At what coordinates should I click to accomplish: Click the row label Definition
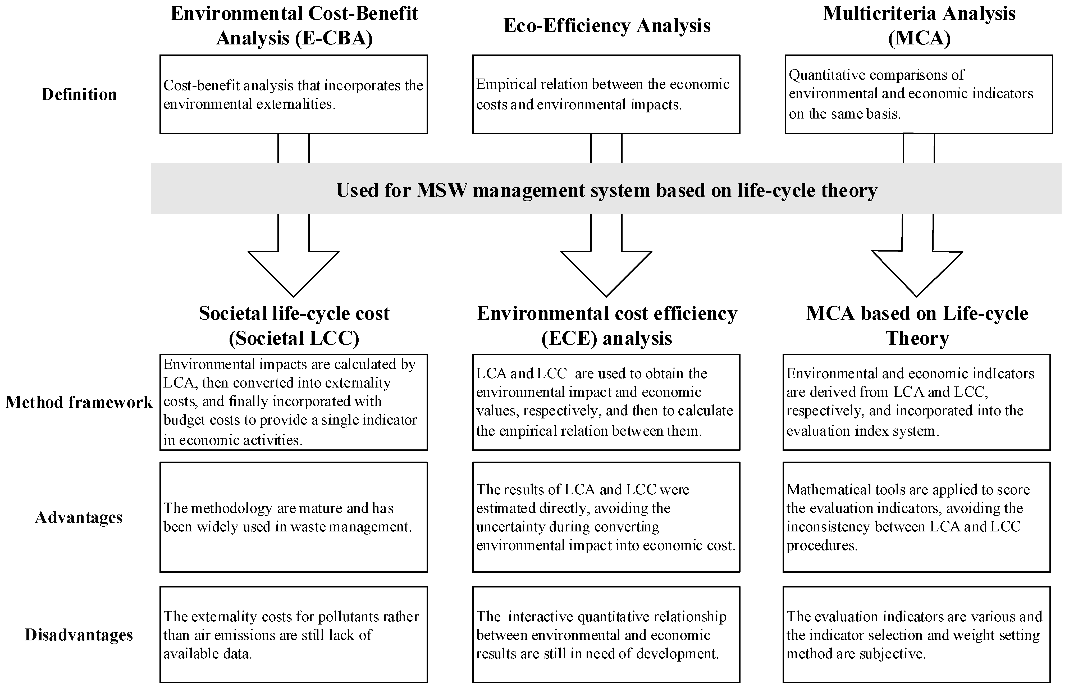pos(79,94)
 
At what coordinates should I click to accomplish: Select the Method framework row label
pos(79,402)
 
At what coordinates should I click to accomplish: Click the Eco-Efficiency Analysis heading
pos(607,25)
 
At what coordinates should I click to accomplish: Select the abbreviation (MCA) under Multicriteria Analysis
pos(919,38)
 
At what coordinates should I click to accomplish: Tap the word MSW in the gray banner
pos(441,190)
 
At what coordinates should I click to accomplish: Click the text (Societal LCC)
pos(294,338)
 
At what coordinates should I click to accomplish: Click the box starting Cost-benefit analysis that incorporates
pos(294,94)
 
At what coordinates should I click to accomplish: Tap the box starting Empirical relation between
pos(606,94)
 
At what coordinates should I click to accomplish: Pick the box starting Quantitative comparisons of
pos(919,94)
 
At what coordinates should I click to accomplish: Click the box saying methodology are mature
pos(294,517)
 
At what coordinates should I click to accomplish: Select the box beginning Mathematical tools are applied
pos(916,517)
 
